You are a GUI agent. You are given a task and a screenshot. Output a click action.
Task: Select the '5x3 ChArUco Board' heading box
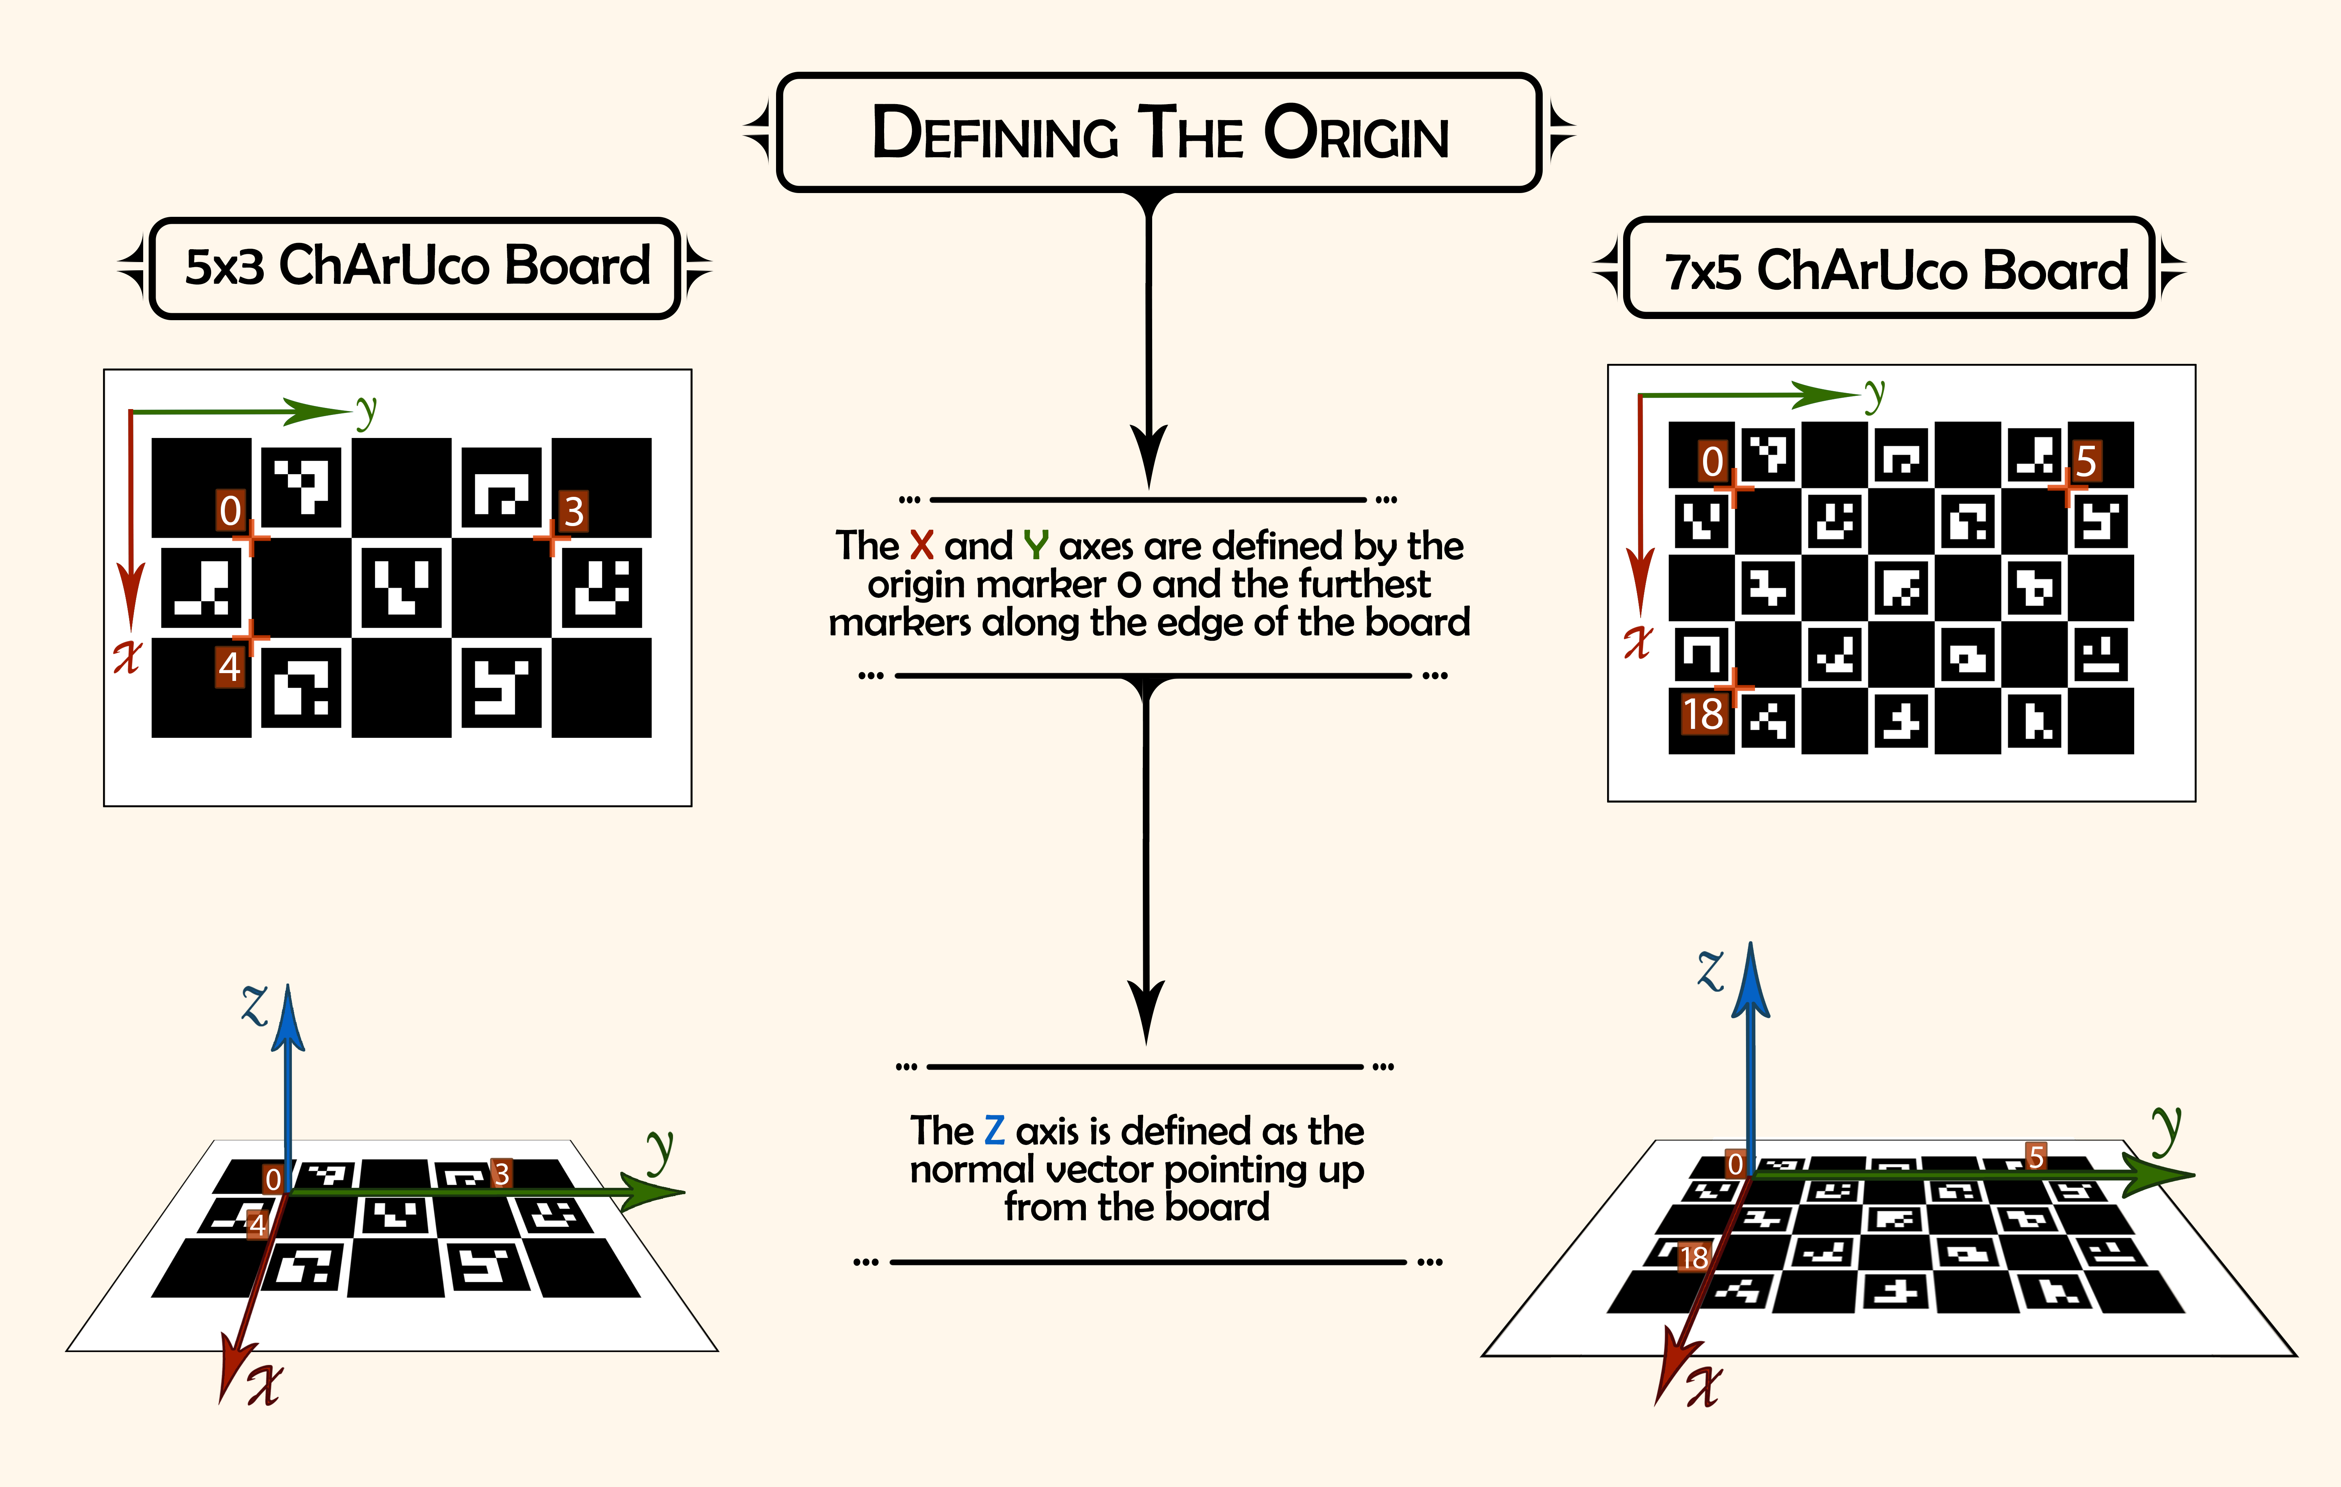(x=415, y=267)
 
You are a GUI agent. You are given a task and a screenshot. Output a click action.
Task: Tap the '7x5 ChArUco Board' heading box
(x=1890, y=267)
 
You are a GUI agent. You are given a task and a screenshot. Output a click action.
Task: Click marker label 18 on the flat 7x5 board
(x=1703, y=714)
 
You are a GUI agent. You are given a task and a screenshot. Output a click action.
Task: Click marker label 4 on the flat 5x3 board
(x=229, y=667)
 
